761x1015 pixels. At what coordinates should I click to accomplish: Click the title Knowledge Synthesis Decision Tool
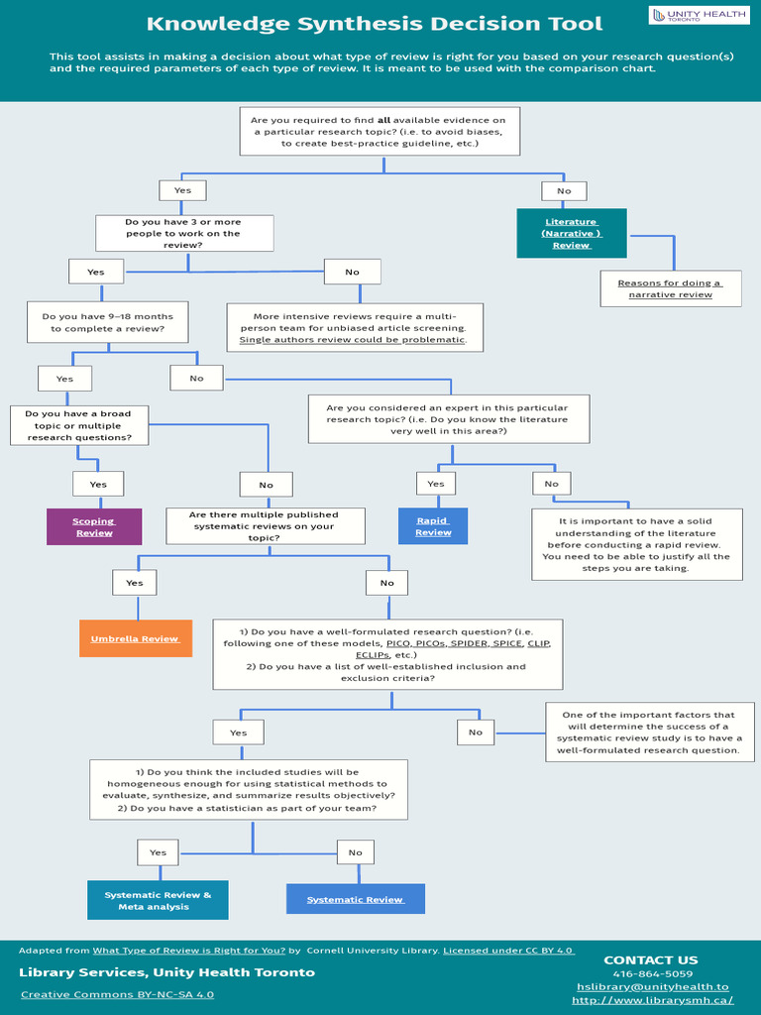(x=375, y=24)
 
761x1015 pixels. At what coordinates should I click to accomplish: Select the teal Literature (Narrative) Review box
(x=572, y=234)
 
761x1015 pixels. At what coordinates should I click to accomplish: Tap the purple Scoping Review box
(x=94, y=526)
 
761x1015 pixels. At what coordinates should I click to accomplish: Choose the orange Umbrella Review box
(x=135, y=638)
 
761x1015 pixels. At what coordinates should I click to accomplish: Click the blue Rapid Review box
(x=433, y=526)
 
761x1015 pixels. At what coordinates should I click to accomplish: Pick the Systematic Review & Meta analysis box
(x=159, y=900)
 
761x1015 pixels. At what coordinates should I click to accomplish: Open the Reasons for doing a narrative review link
(x=671, y=288)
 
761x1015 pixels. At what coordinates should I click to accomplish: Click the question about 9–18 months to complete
(x=108, y=322)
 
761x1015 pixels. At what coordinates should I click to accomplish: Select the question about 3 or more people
(x=182, y=233)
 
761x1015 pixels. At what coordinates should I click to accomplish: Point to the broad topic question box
(x=78, y=425)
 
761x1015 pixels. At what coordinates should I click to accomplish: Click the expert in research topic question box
(x=448, y=418)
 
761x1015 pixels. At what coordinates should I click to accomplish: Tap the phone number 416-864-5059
(x=652, y=973)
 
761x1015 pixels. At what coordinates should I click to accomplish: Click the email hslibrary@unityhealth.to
(x=652, y=986)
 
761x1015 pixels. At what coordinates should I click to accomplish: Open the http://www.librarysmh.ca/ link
(x=652, y=1000)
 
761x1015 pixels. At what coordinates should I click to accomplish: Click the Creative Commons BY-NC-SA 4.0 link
(x=117, y=994)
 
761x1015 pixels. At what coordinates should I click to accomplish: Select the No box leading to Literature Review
(x=564, y=190)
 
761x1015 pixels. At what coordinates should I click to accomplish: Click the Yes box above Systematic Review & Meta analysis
(x=158, y=852)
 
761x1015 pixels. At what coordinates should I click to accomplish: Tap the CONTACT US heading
(x=650, y=959)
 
